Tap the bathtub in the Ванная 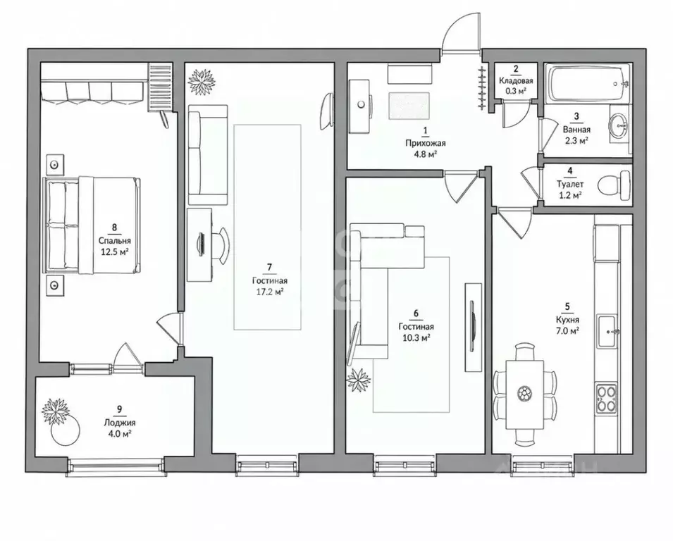[588, 84]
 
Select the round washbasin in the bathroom [617, 125]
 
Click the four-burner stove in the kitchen [607, 399]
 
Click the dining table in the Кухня [524, 395]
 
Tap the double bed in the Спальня [92, 225]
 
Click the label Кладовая [516, 80]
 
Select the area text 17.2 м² [269, 292]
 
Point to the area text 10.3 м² [416, 337]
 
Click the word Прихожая [426, 143]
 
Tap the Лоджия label [119, 423]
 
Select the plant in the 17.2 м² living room [202, 82]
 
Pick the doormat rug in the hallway [409, 106]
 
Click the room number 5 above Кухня [567, 306]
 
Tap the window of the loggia [116, 466]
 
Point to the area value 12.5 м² [115, 252]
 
